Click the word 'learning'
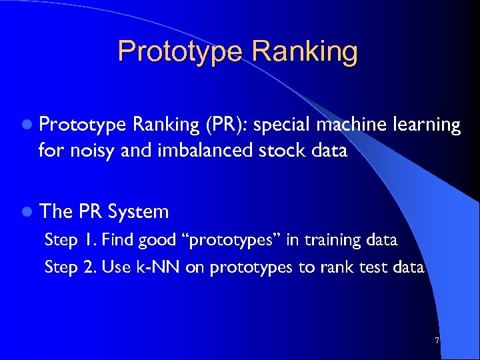click(x=425, y=125)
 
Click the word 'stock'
click(x=280, y=151)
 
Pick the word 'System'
click(x=138, y=212)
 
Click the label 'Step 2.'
click(x=64, y=267)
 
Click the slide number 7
click(x=437, y=341)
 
